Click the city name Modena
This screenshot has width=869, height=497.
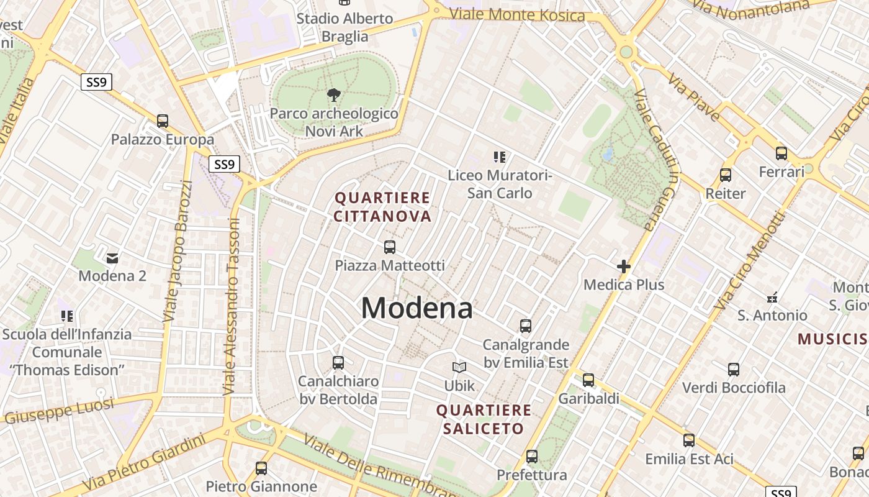tap(416, 308)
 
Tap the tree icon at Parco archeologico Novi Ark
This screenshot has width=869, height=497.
tap(334, 95)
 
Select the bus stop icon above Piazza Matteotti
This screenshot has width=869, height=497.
tap(390, 247)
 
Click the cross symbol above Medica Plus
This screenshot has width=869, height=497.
tap(624, 267)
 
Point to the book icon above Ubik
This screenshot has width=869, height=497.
tap(459, 368)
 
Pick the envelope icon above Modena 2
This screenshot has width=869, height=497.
tap(112, 258)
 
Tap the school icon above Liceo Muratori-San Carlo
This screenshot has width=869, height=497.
tap(500, 157)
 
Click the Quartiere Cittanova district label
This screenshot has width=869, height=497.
tap(382, 207)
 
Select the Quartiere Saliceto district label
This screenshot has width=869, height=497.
tap(484, 419)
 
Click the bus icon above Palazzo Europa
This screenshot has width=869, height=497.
tap(163, 121)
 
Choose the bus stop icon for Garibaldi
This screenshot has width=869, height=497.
tap(588, 380)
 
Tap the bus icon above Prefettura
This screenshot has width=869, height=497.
tap(532, 457)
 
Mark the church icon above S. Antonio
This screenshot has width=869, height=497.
tap(772, 297)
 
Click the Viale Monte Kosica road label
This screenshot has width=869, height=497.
tap(516, 14)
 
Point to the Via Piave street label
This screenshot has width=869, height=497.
tap(694, 97)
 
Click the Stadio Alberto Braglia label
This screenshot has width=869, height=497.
tap(344, 27)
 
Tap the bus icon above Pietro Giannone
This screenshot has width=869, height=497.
tap(261, 468)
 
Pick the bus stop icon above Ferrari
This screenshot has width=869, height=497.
tap(781, 153)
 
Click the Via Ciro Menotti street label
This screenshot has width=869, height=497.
tap(749, 261)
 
